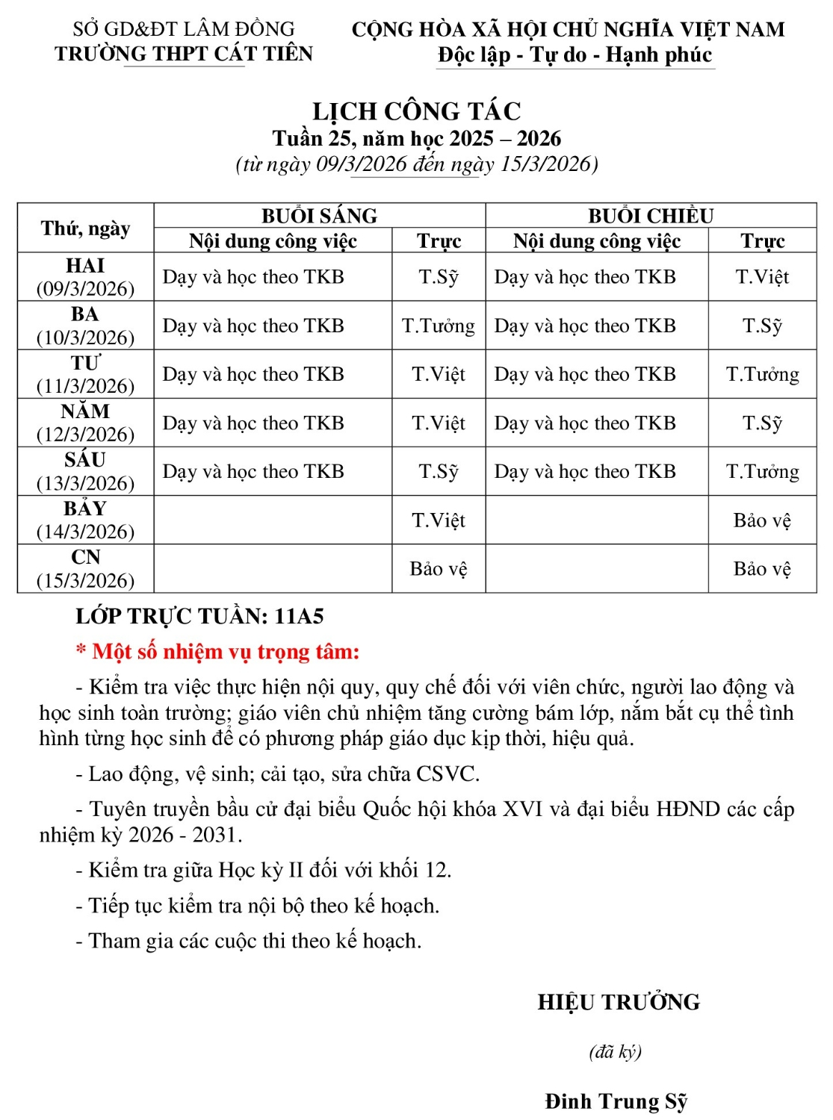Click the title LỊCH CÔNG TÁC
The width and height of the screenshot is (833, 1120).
click(416, 111)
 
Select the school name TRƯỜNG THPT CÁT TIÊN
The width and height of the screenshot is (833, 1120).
click(184, 54)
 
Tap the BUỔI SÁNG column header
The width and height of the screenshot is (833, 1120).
click(319, 216)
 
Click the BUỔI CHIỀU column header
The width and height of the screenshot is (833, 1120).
click(650, 216)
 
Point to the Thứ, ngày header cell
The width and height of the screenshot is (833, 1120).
click(86, 228)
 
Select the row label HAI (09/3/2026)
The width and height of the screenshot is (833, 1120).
click(86, 277)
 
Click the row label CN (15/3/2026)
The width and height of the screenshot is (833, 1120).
click(86, 568)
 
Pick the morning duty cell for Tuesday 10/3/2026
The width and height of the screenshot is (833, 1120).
click(439, 326)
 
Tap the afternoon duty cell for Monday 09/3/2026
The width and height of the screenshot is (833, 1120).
click(762, 277)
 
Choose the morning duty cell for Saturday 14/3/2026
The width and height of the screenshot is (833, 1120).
click(439, 520)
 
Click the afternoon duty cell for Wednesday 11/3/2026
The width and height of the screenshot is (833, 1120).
click(762, 374)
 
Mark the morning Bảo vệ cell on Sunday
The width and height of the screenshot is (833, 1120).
click(439, 569)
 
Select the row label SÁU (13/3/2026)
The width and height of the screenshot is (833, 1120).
click(86, 471)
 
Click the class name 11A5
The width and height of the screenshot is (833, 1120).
click(299, 616)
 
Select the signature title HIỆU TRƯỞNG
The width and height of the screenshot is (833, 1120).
click(619, 1002)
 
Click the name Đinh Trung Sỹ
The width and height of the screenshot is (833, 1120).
click(616, 1101)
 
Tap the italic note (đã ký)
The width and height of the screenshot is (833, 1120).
click(615, 1051)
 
